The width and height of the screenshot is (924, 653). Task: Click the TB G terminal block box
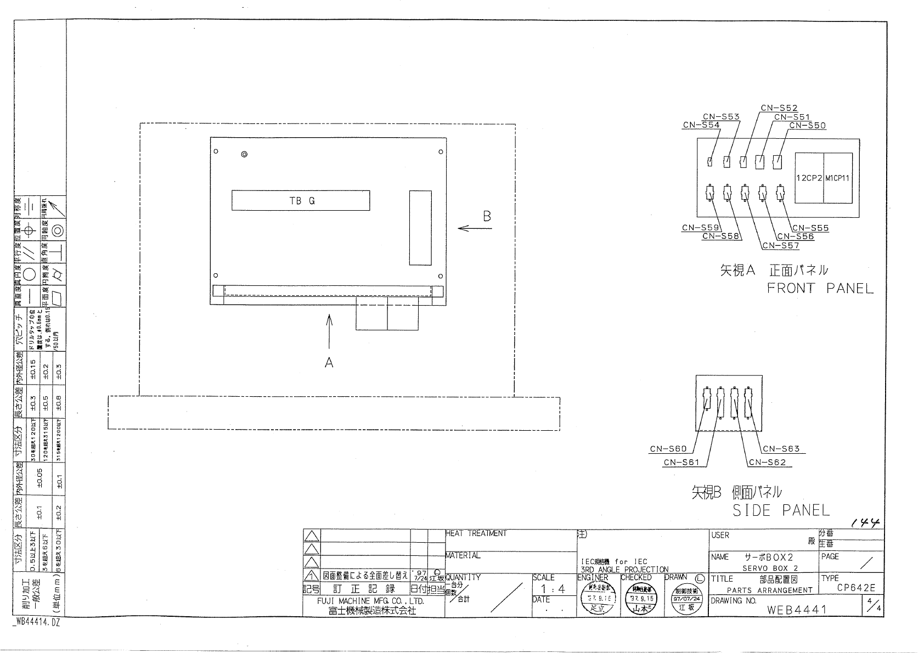pos(300,200)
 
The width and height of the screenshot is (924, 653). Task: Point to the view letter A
pos(329,362)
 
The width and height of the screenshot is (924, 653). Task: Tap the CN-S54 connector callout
pos(701,125)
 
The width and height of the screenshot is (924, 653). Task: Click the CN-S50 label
pos(807,126)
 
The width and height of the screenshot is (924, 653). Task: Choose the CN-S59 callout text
pos(700,228)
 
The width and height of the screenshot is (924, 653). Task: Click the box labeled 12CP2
pos(809,178)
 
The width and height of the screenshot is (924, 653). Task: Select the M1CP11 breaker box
pos(838,178)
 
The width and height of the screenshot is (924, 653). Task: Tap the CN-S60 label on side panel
pos(668,449)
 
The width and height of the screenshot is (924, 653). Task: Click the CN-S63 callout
pos(781,449)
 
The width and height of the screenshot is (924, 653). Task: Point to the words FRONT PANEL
pos(820,289)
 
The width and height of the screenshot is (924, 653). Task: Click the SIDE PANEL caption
pos(781,510)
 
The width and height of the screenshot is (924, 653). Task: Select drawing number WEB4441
pos(797,610)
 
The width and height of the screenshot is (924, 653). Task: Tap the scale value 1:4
pos(554,589)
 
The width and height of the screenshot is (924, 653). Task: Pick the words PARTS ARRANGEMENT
pos(769,590)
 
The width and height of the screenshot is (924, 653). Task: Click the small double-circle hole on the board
pos(245,154)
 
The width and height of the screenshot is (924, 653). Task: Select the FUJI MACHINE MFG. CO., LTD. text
pos(370,601)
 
